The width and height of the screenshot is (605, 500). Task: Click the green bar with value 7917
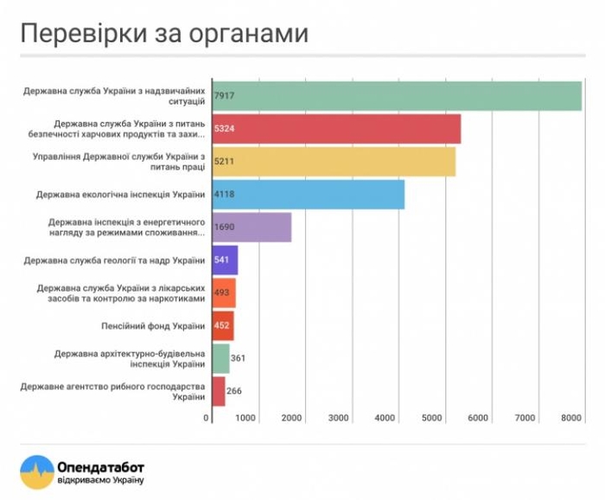coord(396,96)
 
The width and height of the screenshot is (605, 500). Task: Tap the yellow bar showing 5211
coord(333,162)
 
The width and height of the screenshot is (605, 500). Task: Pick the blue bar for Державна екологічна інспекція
coord(308,195)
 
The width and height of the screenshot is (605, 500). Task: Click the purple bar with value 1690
coord(251,228)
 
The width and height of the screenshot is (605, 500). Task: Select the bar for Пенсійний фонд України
coord(222,326)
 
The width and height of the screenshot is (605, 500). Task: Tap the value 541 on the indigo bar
coord(223,260)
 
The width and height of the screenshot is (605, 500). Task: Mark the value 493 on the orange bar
coord(222,293)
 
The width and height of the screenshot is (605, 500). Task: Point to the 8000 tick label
coord(570,418)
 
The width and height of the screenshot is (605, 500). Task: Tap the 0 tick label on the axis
coord(207,418)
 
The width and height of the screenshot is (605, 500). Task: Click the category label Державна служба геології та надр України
coord(114,260)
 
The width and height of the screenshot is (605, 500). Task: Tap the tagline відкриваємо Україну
coord(100,480)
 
